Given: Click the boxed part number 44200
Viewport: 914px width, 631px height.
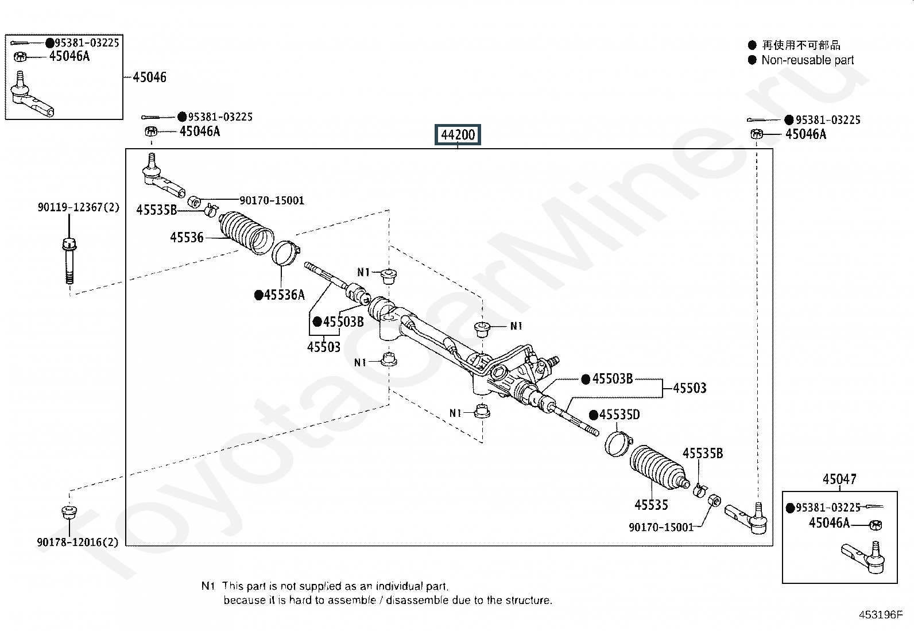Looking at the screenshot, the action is [458, 134].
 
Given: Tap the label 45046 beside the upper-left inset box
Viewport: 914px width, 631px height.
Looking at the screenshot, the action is [149, 77].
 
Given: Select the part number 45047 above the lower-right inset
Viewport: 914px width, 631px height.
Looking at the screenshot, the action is [839, 479].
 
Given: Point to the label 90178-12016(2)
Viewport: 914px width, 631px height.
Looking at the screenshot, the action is [78, 542].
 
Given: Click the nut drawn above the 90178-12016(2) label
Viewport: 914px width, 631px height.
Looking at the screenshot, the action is [69, 512].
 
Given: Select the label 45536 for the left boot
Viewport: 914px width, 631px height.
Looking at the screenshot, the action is [187, 237].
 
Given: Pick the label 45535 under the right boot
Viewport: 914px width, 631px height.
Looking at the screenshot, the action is [651, 505].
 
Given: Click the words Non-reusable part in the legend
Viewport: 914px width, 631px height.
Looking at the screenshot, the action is [808, 60].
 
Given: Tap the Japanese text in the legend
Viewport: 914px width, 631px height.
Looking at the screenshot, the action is [801, 45].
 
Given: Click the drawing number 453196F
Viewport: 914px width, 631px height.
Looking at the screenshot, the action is [881, 615].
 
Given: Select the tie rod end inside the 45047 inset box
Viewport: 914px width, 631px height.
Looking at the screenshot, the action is [863, 557].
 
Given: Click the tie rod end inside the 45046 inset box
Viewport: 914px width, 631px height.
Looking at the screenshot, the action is [31, 95].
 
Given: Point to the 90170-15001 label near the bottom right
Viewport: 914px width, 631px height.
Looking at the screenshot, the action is [661, 527].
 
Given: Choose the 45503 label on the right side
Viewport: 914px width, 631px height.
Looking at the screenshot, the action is [690, 388].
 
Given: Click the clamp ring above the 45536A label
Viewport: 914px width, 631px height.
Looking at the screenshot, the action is [286, 253].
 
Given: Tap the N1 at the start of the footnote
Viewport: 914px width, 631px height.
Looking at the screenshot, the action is [208, 586].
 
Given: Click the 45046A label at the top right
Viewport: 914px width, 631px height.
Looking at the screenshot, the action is [805, 134].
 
